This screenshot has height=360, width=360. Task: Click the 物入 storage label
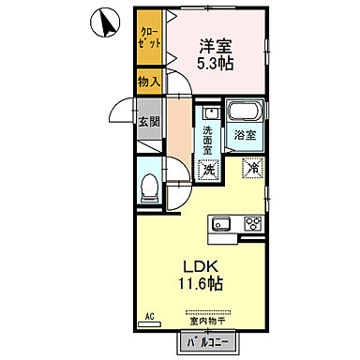[x=150, y=82]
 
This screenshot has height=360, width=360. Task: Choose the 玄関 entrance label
[x=150, y=122]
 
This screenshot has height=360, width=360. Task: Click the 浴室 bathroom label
[x=246, y=135]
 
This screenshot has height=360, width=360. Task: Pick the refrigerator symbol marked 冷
[x=252, y=169]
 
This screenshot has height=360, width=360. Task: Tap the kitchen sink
[x=222, y=224]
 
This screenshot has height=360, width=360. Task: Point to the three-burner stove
[x=252, y=224]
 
